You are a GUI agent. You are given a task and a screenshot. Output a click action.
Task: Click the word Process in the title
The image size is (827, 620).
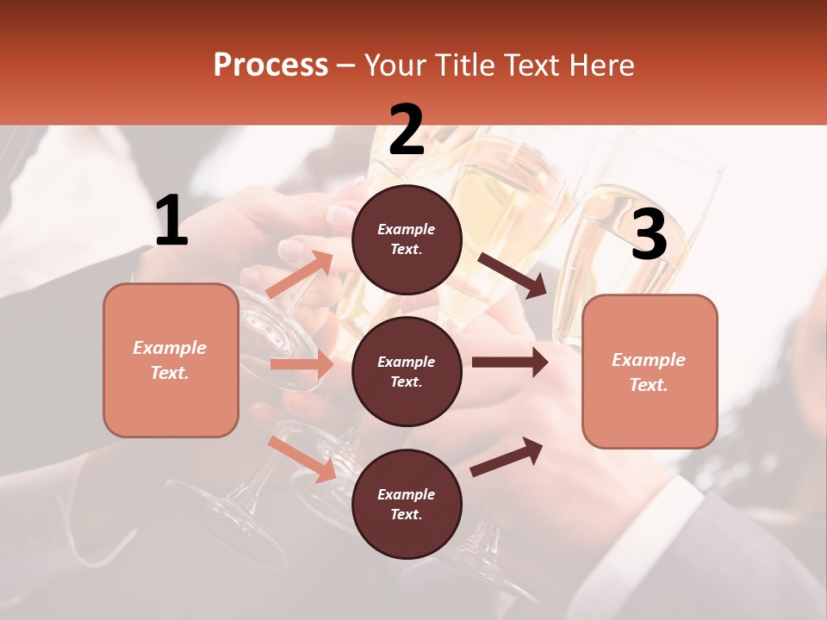(x=270, y=65)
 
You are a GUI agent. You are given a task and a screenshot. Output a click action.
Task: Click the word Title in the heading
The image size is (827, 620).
(x=464, y=65)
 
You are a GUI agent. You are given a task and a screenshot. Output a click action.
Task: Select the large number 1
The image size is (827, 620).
(x=171, y=221)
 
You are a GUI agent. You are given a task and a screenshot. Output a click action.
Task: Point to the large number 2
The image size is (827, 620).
(x=407, y=130)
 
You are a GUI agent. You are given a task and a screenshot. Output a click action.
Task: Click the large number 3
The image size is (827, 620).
(x=649, y=235)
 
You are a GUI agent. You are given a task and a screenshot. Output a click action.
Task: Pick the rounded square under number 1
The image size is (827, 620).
(x=171, y=360)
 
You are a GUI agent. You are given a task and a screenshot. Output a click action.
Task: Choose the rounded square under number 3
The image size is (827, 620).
(x=650, y=372)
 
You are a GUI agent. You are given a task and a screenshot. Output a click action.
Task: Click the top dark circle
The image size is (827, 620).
(x=407, y=239)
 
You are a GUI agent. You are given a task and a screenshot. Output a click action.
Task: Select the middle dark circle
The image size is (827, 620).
(x=407, y=372)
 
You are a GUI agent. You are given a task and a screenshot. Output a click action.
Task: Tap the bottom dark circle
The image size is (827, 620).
(x=407, y=505)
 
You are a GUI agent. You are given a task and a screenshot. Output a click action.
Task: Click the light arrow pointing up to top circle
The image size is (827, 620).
(x=299, y=275)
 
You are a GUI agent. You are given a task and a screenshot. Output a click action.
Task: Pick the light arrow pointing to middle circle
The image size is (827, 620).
(x=302, y=364)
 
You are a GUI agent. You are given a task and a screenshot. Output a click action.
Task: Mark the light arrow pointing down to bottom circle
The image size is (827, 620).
(x=302, y=458)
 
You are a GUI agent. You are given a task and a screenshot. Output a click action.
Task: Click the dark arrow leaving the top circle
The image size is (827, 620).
(x=513, y=275)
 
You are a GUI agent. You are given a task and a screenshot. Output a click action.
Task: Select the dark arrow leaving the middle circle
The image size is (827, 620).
(x=510, y=363)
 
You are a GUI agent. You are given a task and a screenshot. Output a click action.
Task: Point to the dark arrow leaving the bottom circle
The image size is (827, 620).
(x=507, y=456)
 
